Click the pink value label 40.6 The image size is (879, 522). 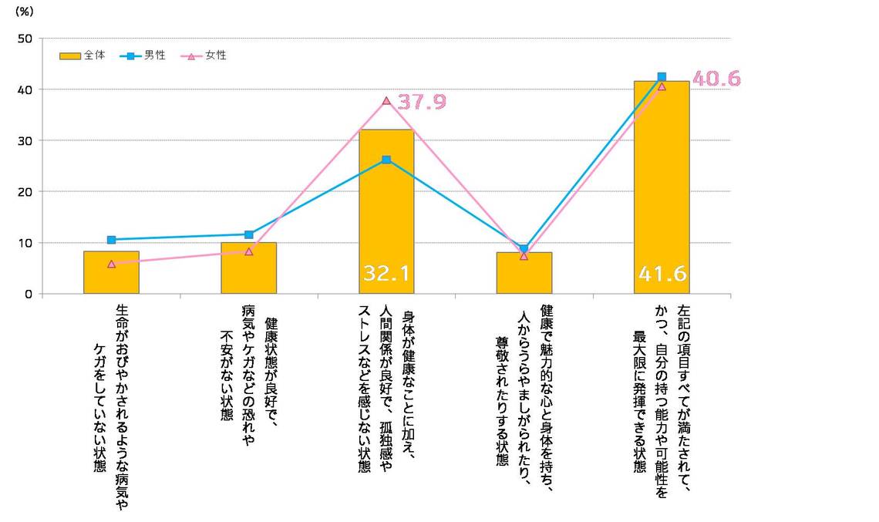716,79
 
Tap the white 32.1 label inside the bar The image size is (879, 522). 386,274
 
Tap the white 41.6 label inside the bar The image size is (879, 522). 662,274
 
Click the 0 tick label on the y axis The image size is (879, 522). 29,294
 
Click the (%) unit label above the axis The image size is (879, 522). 24,13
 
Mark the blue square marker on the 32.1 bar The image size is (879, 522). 386,160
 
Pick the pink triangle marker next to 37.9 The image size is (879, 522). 386,100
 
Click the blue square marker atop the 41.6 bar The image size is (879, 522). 662,76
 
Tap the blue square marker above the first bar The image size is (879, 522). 111,240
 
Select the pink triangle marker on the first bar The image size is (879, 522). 111,264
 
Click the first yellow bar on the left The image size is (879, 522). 111,273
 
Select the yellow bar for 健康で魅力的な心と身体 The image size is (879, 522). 524,274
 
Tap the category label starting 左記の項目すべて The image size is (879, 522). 662,389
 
